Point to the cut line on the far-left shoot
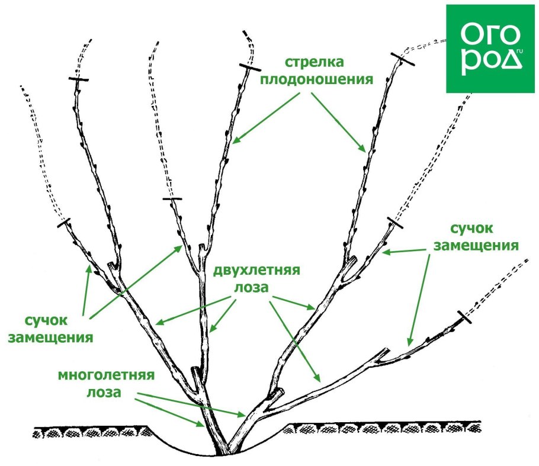65,223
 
